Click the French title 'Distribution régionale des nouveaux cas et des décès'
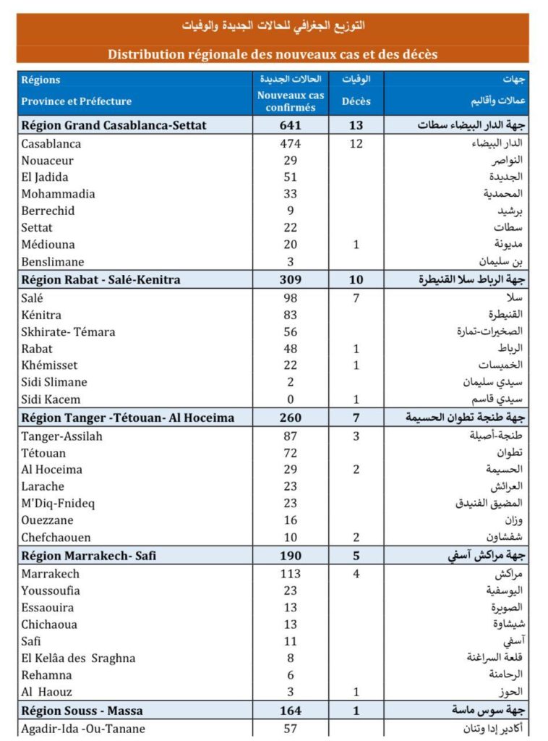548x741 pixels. click(273, 54)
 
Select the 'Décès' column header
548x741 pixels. click(356, 101)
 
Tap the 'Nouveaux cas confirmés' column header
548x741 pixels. click(291, 101)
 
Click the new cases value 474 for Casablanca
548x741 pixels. click(291, 143)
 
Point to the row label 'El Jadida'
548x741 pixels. click(48, 177)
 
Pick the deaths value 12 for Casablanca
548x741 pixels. click(356, 143)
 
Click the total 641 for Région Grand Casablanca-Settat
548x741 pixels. click(291, 125)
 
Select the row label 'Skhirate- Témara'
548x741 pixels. click(68, 332)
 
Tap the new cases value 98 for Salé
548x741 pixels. click(291, 298)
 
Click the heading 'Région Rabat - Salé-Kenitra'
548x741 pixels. click(101, 279)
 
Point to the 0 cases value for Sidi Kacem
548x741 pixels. click(291, 399)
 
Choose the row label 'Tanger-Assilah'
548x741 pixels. click(62, 436)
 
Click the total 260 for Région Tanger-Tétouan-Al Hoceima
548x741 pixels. click(291, 418)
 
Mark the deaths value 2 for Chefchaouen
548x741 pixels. click(356, 538)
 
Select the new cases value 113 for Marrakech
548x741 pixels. click(291, 574)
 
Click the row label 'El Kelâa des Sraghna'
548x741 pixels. click(78, 658)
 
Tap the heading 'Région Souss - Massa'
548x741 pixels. click(83, 711)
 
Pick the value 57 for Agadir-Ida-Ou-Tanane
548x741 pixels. click(291, 729)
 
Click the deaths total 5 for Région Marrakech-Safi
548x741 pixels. click(356, 556)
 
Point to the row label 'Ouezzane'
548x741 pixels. click(48, 520)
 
